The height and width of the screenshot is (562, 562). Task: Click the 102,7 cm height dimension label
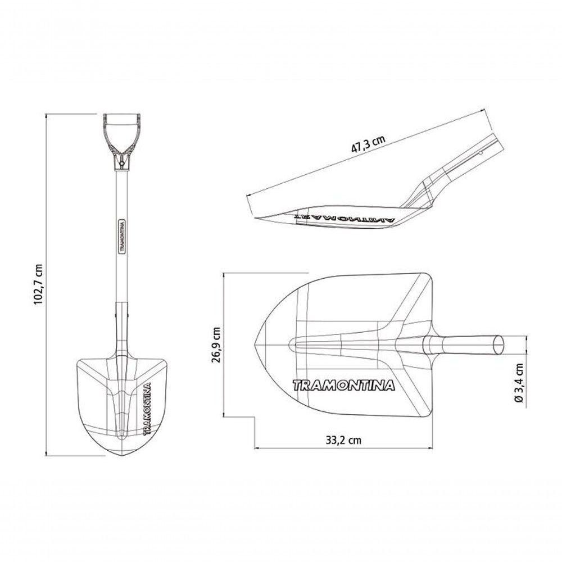tap(38, 284)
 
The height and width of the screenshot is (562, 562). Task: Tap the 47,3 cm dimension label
tap(369, 144)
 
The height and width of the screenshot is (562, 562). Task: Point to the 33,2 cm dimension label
tap(344, 440)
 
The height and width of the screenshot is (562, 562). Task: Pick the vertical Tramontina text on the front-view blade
tap(147, 409)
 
